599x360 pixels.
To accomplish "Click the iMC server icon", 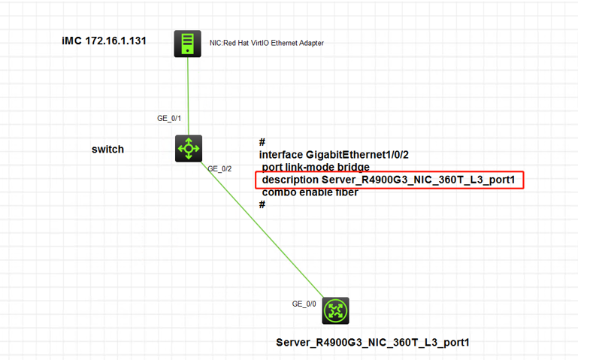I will pyautogui.click(x=186, y=43).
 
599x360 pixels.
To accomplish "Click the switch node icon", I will pyautogui.click(x=188, y=148).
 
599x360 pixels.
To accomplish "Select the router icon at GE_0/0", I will pyautogui.click(x=336, y=310).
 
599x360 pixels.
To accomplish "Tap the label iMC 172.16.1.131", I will pyautogui.click(x=104, y=40).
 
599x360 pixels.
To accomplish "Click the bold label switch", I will pyautogui.click(x=107, y=149).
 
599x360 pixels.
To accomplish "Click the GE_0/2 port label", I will pyautogui.click(x=219, y=169).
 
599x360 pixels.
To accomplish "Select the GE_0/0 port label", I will pyautogui.click(x=304, y=304).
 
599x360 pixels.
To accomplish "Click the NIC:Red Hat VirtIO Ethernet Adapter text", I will pyautogui.click(x=266, y=43).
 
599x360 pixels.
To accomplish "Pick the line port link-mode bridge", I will pyautogui.click(x=316, y=167).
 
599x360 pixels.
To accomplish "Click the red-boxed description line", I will pyautogui.click(x=389, y=180).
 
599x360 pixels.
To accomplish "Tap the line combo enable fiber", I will pyautogui.click(x=310, y=192).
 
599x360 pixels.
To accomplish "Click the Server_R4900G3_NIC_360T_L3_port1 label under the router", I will pyautogui.click(x=373, y=343).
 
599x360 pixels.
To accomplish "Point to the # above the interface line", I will pyautogui.click(x=262, y=142).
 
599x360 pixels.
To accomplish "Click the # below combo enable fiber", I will pyautogui.click(x=262, y=204).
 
